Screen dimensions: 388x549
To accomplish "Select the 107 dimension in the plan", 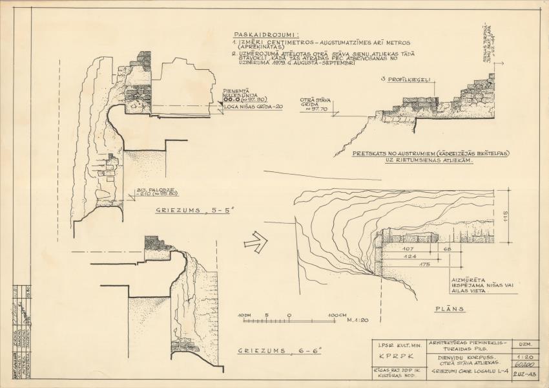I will pos(408,249).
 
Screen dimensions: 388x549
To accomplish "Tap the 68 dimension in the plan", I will pos(448,249).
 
